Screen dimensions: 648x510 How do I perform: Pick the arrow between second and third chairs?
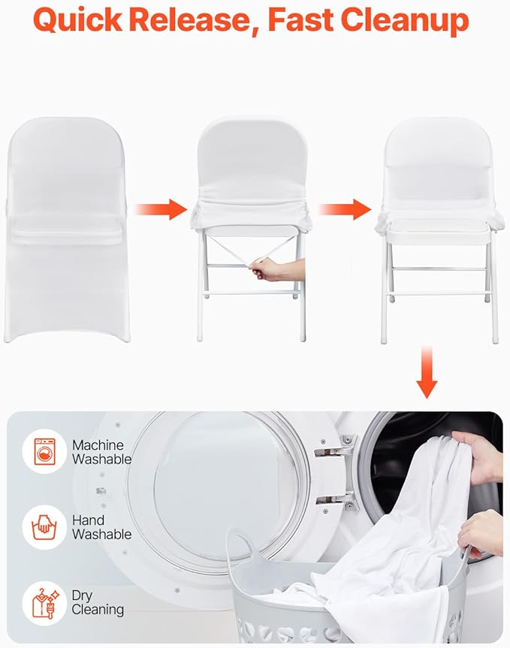(345, 208)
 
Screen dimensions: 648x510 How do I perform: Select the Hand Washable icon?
(44, 527)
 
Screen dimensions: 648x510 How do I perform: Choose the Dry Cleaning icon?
(44, 602)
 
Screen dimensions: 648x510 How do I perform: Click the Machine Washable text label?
(101, 452)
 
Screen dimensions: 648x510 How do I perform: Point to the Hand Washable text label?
(101, 527)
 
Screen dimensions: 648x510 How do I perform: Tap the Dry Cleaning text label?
(98, 602)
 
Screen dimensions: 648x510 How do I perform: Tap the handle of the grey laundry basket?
(242, 544)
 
